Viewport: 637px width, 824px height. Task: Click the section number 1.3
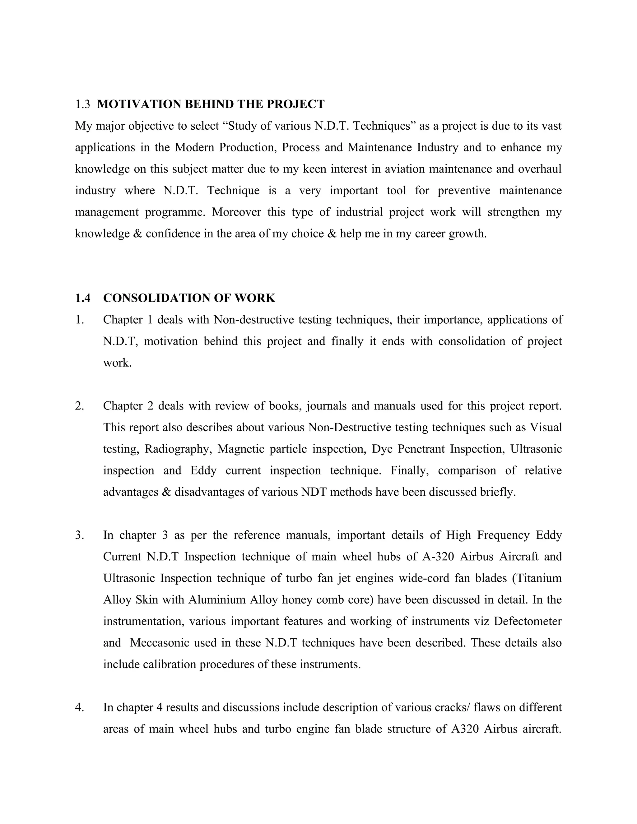tap(82, 104)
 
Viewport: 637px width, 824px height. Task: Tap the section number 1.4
tap(83, 298)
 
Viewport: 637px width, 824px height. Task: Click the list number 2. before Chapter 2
tap(79, 406)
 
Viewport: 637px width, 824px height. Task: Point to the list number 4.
tap(79, 707)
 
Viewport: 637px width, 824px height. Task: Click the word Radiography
tap(177, 449)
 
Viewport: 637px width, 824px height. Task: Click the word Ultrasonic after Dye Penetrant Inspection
tap(536, 449)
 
